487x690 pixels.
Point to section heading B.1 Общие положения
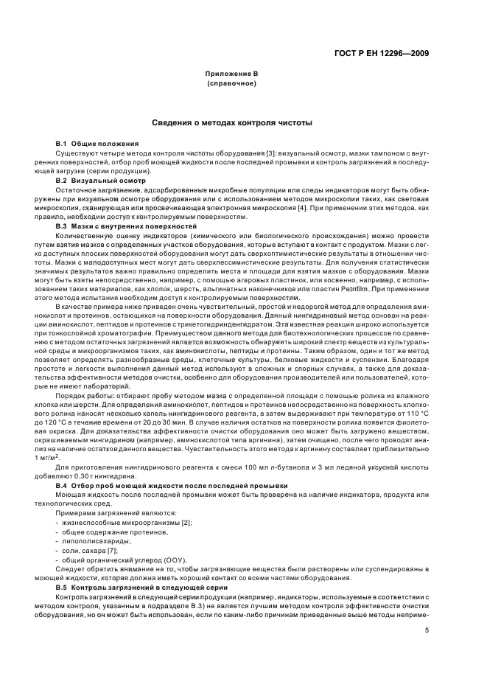97,142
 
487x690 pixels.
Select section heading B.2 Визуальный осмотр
100,180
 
